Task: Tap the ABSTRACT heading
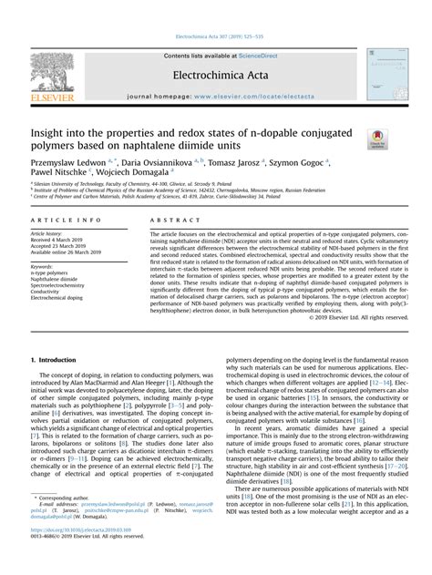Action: point(167,221)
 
